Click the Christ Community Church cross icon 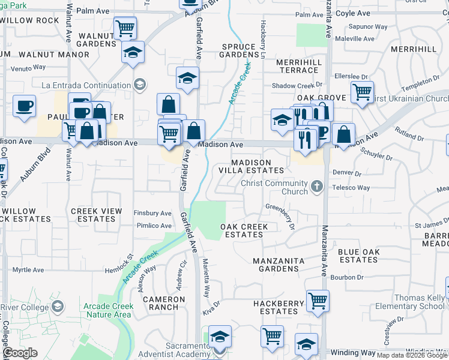click(x=318, y=187)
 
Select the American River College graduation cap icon click(x=57, y=307)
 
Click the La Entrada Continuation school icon click(x=140, y=84)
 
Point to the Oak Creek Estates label click(x=243, y=230)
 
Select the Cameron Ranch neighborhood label click(x=164, y=303)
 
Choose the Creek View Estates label click(x=96, y=215)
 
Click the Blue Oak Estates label click(x=358, y=256)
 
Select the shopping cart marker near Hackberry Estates click(x=318, y=301)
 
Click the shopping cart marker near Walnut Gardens click(x=125, y=27)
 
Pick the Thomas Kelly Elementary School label click(x=420, y=302)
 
